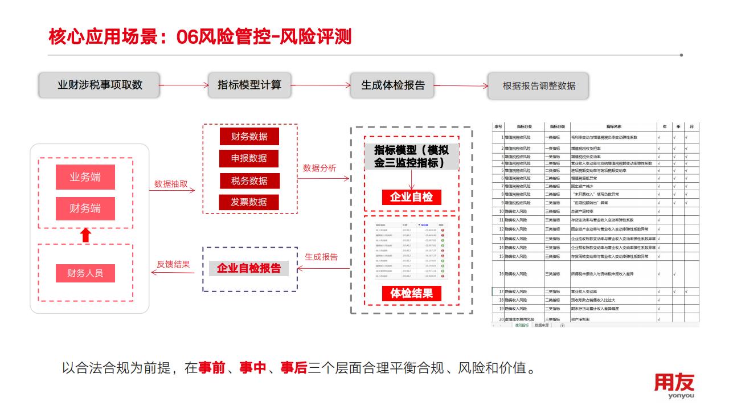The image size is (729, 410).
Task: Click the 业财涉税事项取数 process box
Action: click(99, 85)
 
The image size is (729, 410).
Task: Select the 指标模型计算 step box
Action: click(249, 85)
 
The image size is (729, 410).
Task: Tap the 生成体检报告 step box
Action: click(393, 85)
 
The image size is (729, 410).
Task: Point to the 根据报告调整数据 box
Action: click(538, 86)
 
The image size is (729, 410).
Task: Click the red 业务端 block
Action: click(85, 177)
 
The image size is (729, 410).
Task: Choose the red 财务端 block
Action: click(85, 208)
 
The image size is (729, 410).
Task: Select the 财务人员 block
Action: click(85, 273)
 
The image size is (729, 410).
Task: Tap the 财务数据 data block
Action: click(249, 136)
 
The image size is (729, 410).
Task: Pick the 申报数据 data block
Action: click(249, 158)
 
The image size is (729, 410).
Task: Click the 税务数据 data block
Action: click(249, 181)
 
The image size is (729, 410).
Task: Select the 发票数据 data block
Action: click(249, 202)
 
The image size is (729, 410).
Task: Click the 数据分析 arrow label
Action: click(320, 168)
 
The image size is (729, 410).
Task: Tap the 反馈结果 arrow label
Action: click(173, 264)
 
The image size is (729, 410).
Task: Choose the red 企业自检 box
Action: click(411, 197)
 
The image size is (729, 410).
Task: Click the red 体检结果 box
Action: click(411, 293)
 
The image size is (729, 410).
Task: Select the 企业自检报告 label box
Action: click(249, 268)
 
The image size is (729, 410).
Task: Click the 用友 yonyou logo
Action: click(674, 386)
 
